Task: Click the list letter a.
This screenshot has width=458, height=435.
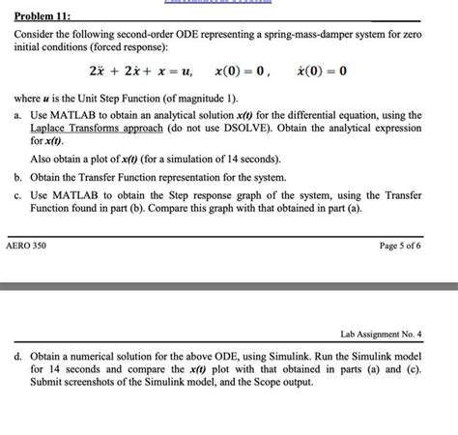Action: pyautogui.click(x=18, y=114)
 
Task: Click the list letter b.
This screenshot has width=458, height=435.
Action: pyautogui.click(x=18, y=178)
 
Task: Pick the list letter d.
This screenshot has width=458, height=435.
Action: pyautogui.click(x=18, y=356)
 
